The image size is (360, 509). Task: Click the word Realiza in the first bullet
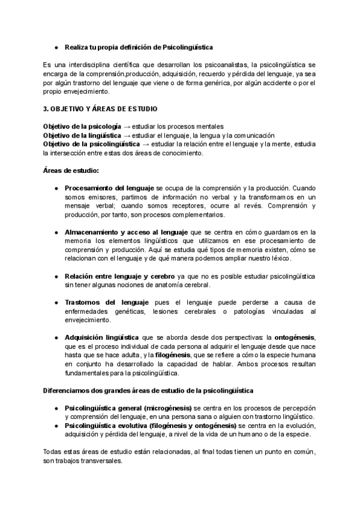pos(76,47)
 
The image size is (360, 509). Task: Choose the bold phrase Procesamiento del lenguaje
pos(109,188)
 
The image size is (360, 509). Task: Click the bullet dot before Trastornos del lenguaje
pos(56,302)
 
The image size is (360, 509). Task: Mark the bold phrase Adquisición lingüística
pos(101,337)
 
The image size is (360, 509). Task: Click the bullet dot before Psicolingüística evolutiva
pos(56,426)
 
